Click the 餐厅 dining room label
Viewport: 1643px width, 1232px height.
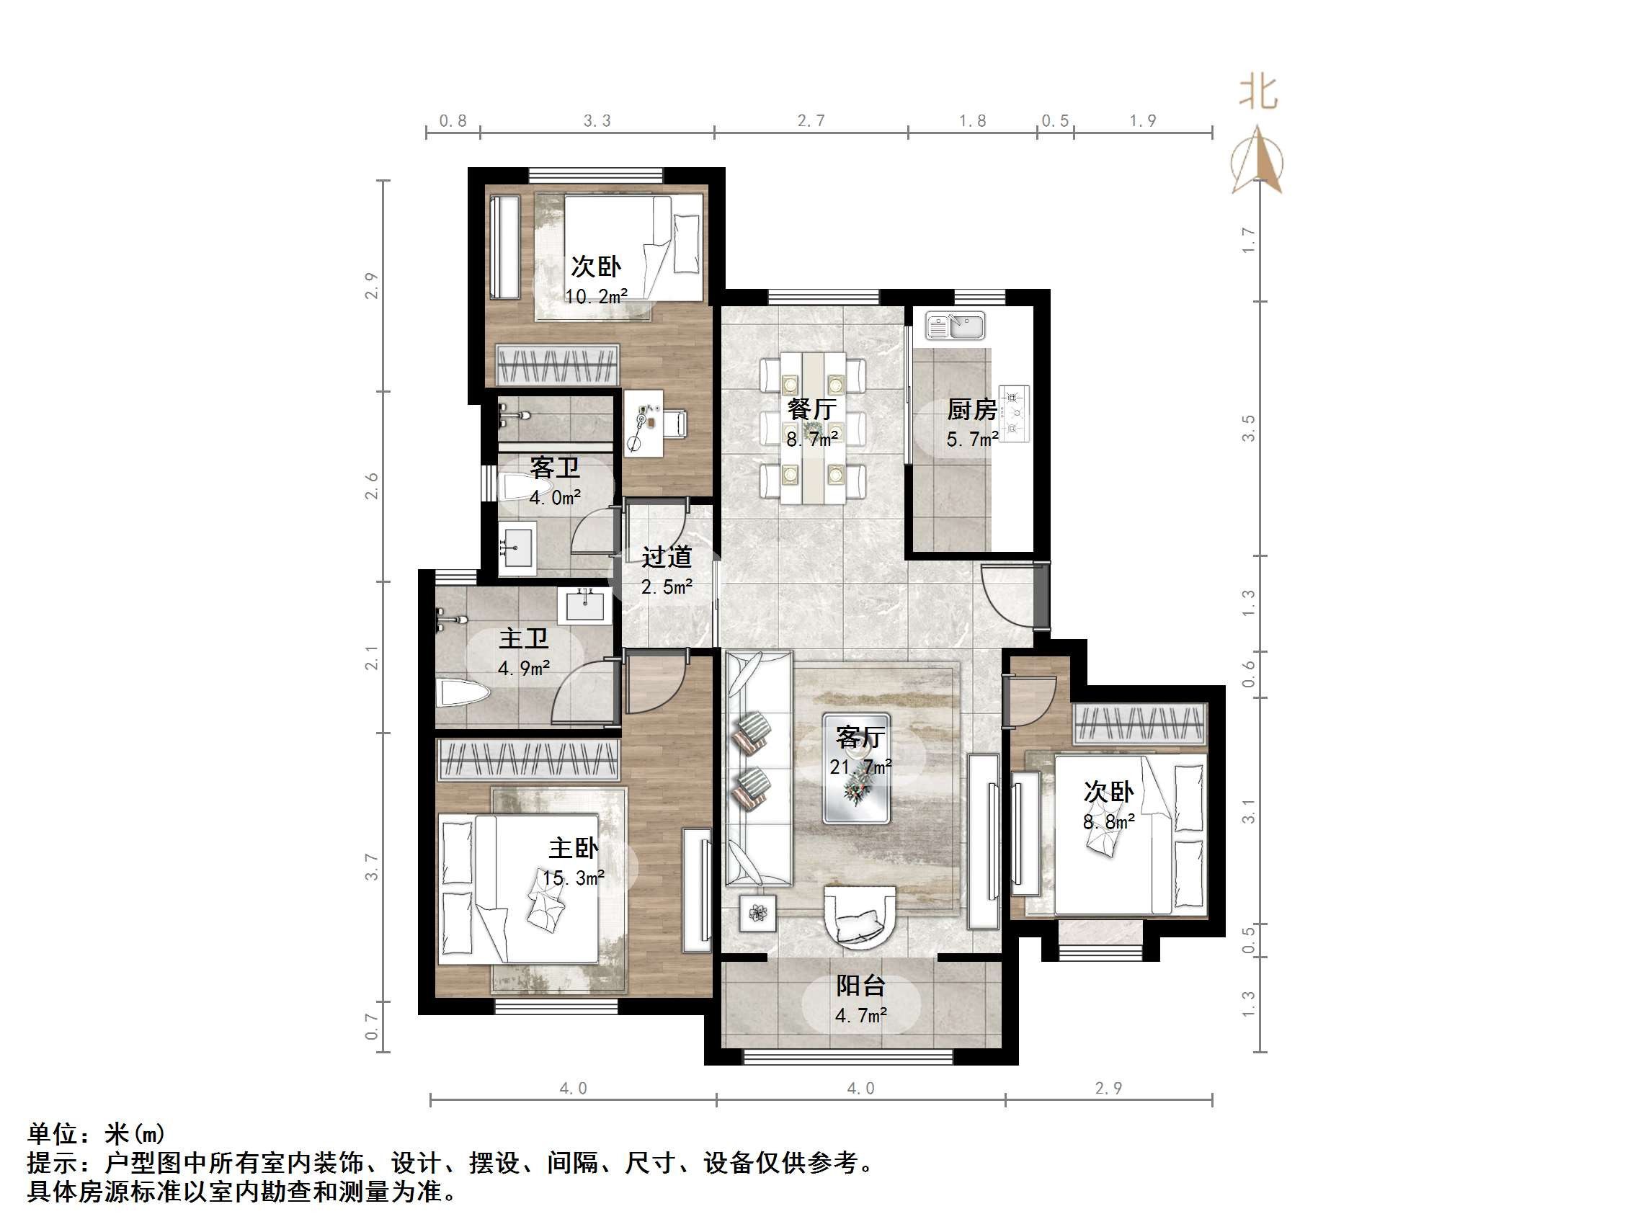click(x=812, y=409)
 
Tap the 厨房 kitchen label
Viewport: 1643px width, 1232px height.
click(x=971, y=409)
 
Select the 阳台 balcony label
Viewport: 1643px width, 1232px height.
click(x=861, y=986)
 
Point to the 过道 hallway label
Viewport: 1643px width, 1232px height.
click(x=667, y=556)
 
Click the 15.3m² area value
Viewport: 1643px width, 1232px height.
click(x=573, y=878)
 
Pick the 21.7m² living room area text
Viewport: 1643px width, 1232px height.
click(x=860, y=767)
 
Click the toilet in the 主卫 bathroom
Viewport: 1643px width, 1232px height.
click(x=463, y=694)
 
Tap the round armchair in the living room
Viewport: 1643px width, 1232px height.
click(x=860, y=918)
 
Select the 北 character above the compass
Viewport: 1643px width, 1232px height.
click(x=1258, y=94)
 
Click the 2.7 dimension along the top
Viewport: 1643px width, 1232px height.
click(x=811, y=120)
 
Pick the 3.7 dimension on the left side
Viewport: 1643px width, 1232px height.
click(x=372, y=867)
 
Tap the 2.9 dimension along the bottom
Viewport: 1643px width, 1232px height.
click(x=1108, y=1088)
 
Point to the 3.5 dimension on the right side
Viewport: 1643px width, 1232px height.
click(x=1249, y=429)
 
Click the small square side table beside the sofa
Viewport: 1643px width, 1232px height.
click(x=757, y=913)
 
